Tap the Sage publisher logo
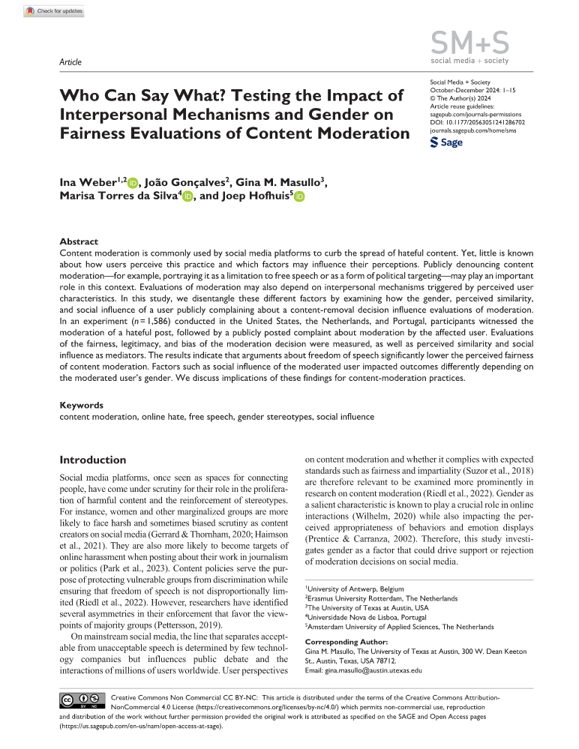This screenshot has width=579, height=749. click(x=446, y=142)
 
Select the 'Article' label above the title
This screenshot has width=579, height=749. click(x=70, y=62)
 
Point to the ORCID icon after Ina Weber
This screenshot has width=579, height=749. click(x=133, y=182)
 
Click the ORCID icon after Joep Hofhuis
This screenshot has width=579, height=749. click(x=299, y=197)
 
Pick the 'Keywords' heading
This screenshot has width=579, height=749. click(x=81, y=405)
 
